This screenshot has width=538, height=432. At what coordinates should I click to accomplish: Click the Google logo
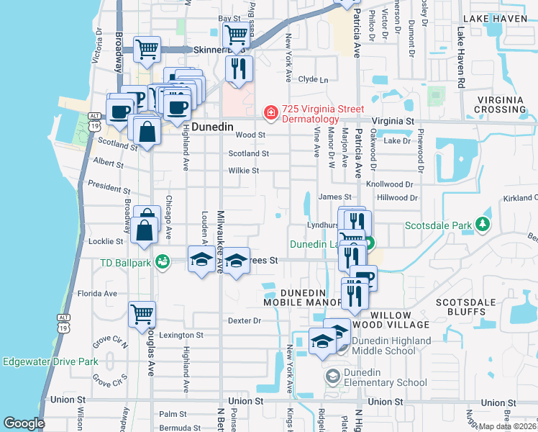coord(23,423)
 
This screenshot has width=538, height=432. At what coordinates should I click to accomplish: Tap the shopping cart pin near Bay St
coord(236,35)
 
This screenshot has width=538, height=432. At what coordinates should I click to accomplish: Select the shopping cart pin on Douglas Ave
coord(142,314)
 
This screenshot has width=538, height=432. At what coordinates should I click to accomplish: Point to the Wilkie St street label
coord(243,171)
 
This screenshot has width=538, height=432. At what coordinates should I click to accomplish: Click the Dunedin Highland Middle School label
coord(391,346)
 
